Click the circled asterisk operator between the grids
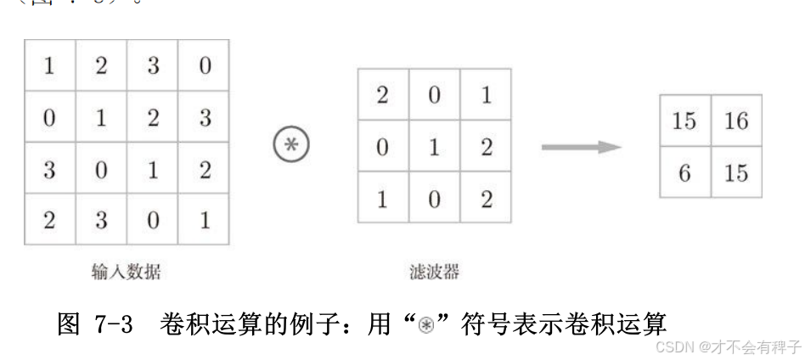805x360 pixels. (291, 146)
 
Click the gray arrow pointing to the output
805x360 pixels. (582, 147)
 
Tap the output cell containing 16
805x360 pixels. (736, 121)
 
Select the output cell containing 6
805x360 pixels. (684, 172)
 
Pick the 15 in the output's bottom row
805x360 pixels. (736, 172)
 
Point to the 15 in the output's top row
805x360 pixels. (684, 121)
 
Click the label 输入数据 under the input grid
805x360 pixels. (127, 272)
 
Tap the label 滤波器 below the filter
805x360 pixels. (434, 272)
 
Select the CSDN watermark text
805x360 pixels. (729, 346)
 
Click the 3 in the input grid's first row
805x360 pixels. (153, 66)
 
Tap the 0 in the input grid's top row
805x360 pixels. (205, 66)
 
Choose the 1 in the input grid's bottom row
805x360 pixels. (205, 220)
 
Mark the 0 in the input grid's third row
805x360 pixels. (101, 169)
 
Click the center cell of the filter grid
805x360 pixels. (434, 147)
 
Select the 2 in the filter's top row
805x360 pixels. (382, 95)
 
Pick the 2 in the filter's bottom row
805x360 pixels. (486, 199)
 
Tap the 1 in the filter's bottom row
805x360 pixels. (382, 199)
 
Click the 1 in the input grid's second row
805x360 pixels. (101, 118)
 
